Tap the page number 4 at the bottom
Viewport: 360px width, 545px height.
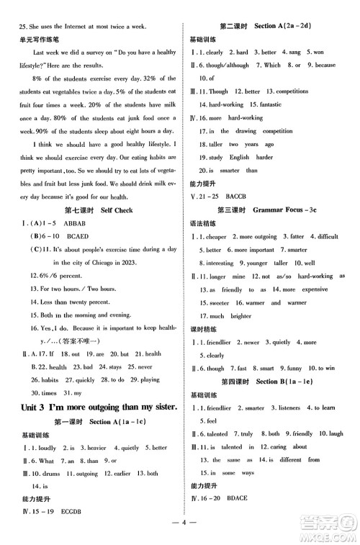tap(180, 533)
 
